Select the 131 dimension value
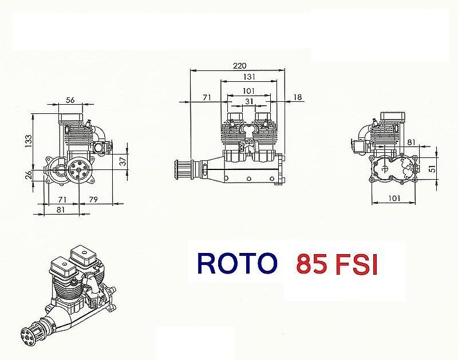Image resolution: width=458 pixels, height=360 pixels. [248, 77]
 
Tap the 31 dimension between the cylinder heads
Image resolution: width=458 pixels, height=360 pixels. [248, 101]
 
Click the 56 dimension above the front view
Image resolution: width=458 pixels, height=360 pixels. [71, 100]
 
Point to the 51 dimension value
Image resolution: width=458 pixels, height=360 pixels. [433, 168]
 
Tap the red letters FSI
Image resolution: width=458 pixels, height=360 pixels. [357, 265]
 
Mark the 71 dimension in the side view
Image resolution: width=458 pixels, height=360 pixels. [208, 98]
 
